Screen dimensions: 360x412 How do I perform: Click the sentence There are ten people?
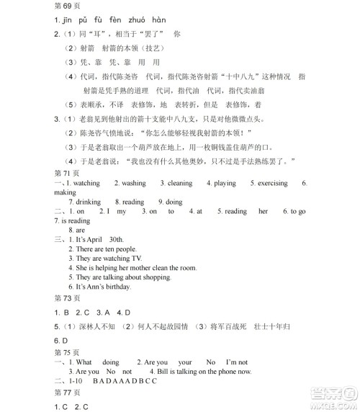pyautogui.click(x=107, y=248)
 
